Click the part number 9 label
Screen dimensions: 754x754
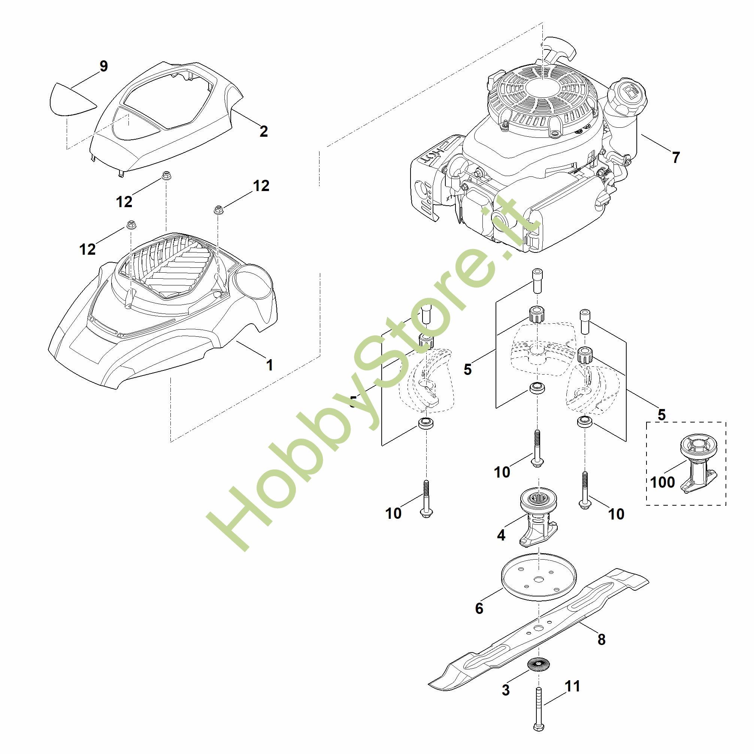click(103, 66)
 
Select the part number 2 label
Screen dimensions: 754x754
click(264, 131)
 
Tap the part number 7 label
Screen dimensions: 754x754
click(676, 157)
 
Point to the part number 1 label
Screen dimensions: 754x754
click(269, 365)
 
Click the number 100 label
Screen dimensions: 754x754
click(662, 482)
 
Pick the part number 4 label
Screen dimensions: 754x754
click(501, 535)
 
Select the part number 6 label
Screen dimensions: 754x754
click(479, 608)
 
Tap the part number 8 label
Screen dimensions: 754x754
click(602, 640)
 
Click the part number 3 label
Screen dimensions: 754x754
click(506, 690)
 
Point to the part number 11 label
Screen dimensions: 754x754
click(573, 687)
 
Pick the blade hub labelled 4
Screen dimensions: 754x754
click(539, 515)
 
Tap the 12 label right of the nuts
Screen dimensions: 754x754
click(261, 186)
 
